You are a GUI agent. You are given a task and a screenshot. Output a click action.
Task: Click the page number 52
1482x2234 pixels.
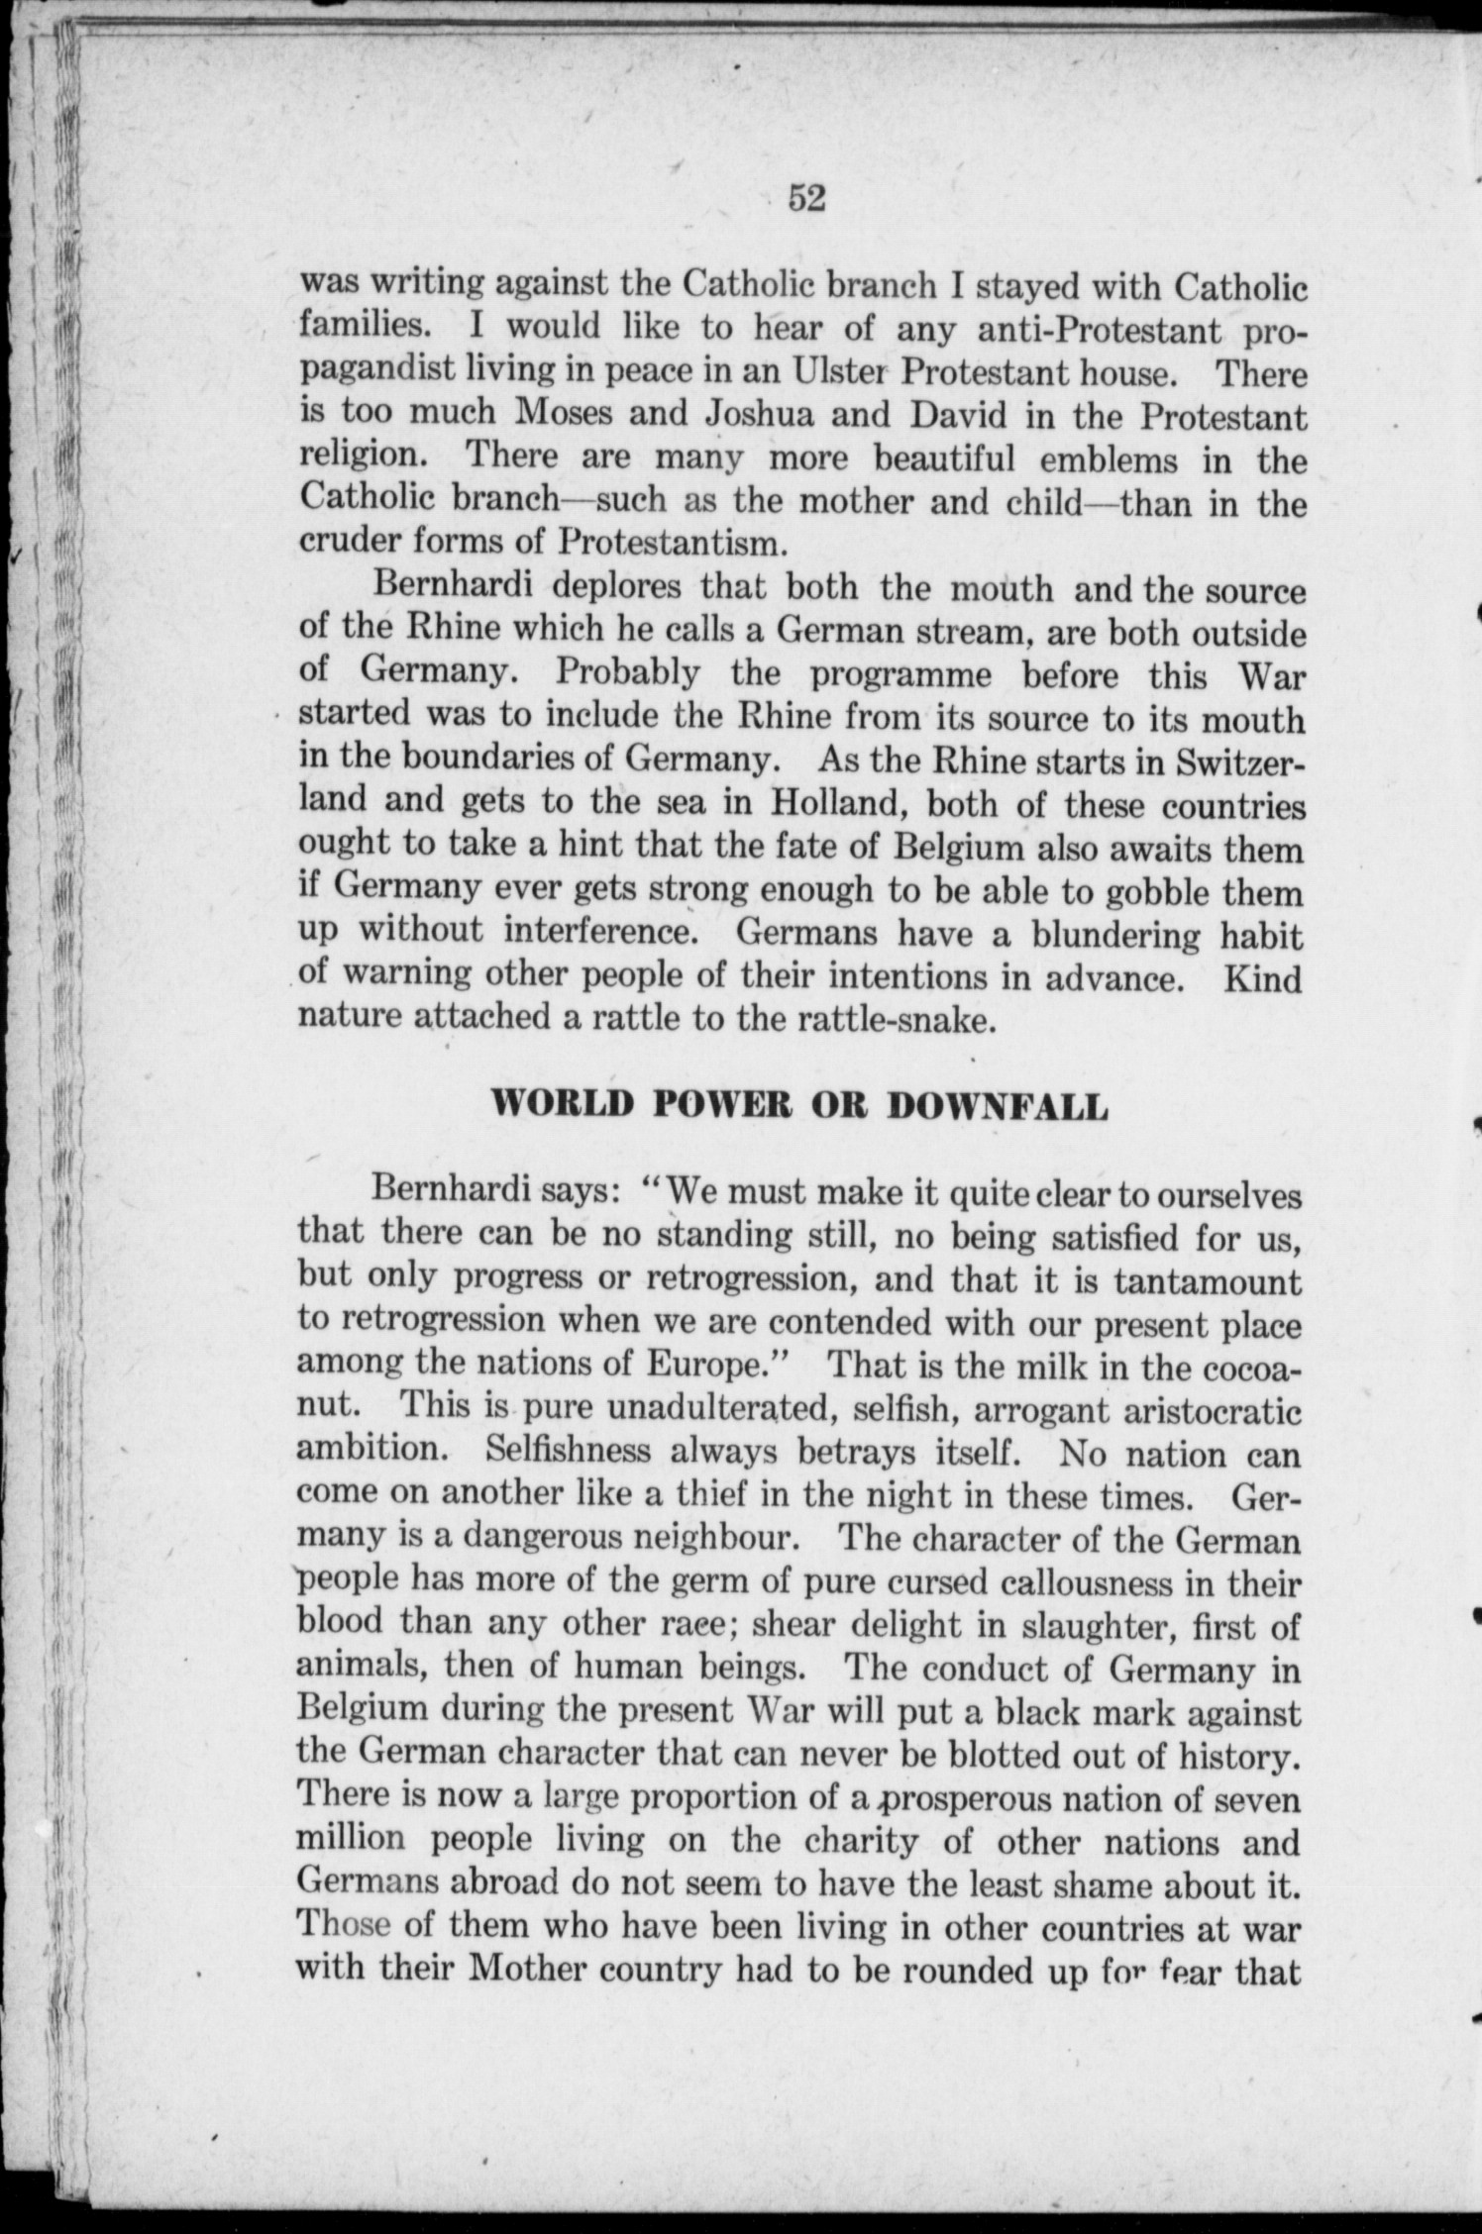click(806, 199)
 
